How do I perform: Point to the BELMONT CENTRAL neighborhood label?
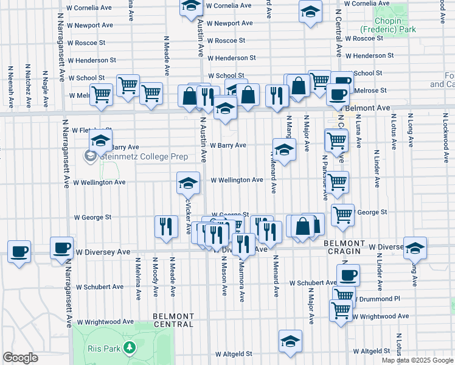[173, 321]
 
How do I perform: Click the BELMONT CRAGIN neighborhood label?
[344, 247]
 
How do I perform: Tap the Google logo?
[20, 358]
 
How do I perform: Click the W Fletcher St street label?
[91, 130]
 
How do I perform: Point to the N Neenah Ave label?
[10, 82]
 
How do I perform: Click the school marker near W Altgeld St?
[290, 341]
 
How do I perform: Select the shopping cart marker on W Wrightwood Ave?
[341, 310]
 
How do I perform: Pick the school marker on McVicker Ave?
[188, 182]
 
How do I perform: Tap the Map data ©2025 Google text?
[417, 360]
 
